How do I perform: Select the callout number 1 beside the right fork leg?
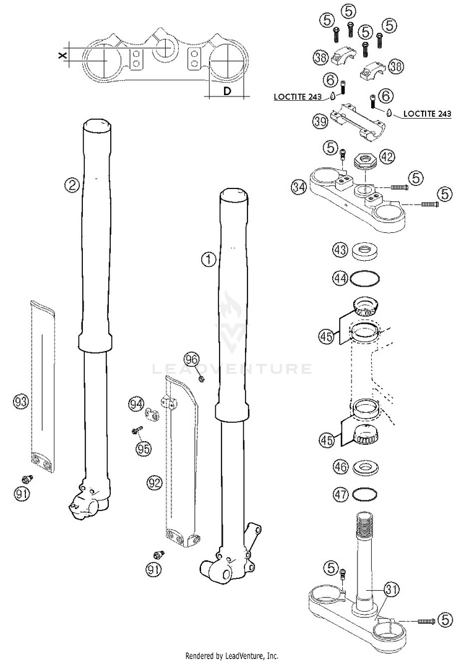(x=208, y=260)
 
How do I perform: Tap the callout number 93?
(x=21, y=402)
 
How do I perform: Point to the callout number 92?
(x=154, y=480)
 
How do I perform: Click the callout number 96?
(x=192, y=359)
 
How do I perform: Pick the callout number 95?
(x=144, y=449)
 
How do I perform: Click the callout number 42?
(x=387, y=157)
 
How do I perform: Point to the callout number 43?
(x=339, y=251)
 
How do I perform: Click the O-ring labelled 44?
(x=365, y=279)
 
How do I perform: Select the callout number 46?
(x=339, y=467)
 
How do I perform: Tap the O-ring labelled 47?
(x=365, y=495)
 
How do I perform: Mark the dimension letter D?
(x=226, y=91)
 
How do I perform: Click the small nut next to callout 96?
(x=202, y=377)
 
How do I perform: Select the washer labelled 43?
(x=365, y=252)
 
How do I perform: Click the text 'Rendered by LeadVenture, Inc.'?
(x=232, y=656)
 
